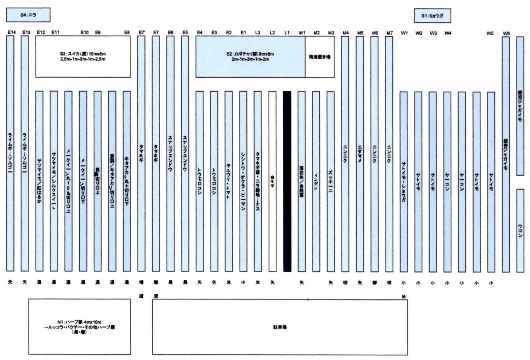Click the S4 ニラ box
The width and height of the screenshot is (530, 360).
tap(28, 15)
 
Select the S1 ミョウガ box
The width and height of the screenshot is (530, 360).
tap(432, 16)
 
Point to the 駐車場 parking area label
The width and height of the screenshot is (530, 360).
tap(279, 327)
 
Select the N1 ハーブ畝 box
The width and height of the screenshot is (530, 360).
tap(80, 327)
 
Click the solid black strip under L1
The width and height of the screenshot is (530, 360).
tap(287, 181)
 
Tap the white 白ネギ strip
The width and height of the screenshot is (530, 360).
tap(273, 181)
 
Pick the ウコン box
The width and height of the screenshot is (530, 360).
tap(520, 231)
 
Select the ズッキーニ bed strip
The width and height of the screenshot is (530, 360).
tap(331, 181)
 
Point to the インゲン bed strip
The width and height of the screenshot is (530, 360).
tap(316, 181)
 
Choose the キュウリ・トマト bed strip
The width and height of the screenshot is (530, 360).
tap(229, 181)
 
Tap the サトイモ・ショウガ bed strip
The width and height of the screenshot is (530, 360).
tap(404, 181)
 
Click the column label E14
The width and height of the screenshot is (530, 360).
tap(10, 33)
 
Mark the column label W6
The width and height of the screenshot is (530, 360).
tap(506, 33)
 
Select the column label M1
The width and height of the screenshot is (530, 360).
tap(302, 33)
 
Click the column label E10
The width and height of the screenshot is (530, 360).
tap(84, 33)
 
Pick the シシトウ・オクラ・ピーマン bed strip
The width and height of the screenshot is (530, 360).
tap(243, 181)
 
